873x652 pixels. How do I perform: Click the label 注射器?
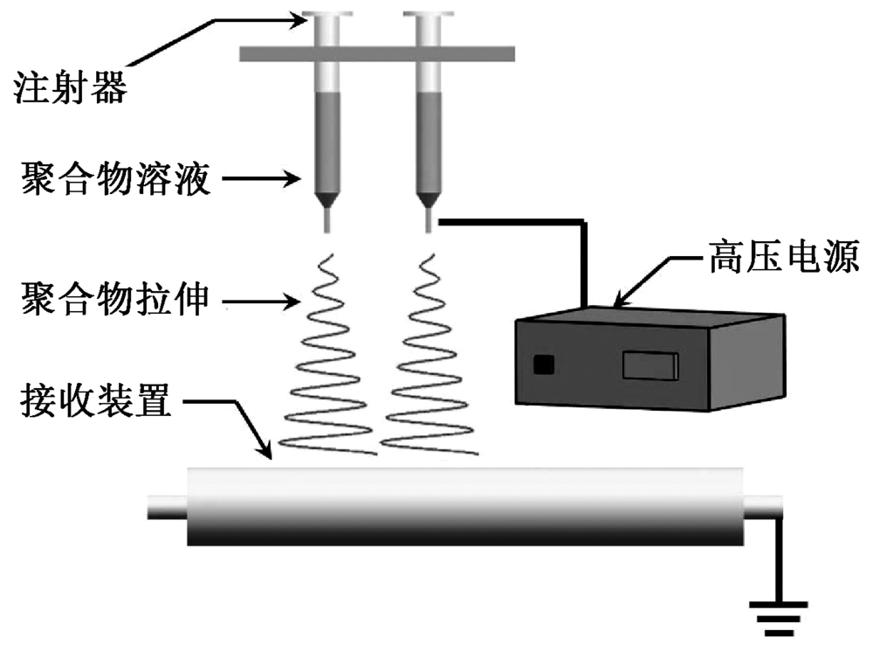(70, 87)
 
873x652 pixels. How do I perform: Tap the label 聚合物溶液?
(113, 182)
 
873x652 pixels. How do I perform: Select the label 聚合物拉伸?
(113, 302)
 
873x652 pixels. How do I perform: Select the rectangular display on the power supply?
(650, 364)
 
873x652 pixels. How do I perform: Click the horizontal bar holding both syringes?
(377, 53)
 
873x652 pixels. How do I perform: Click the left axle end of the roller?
(166, 507)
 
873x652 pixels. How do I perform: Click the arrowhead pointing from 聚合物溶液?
(306, 182)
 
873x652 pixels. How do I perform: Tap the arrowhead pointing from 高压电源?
(622, 300)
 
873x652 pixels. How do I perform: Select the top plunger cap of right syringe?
(427, 15)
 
